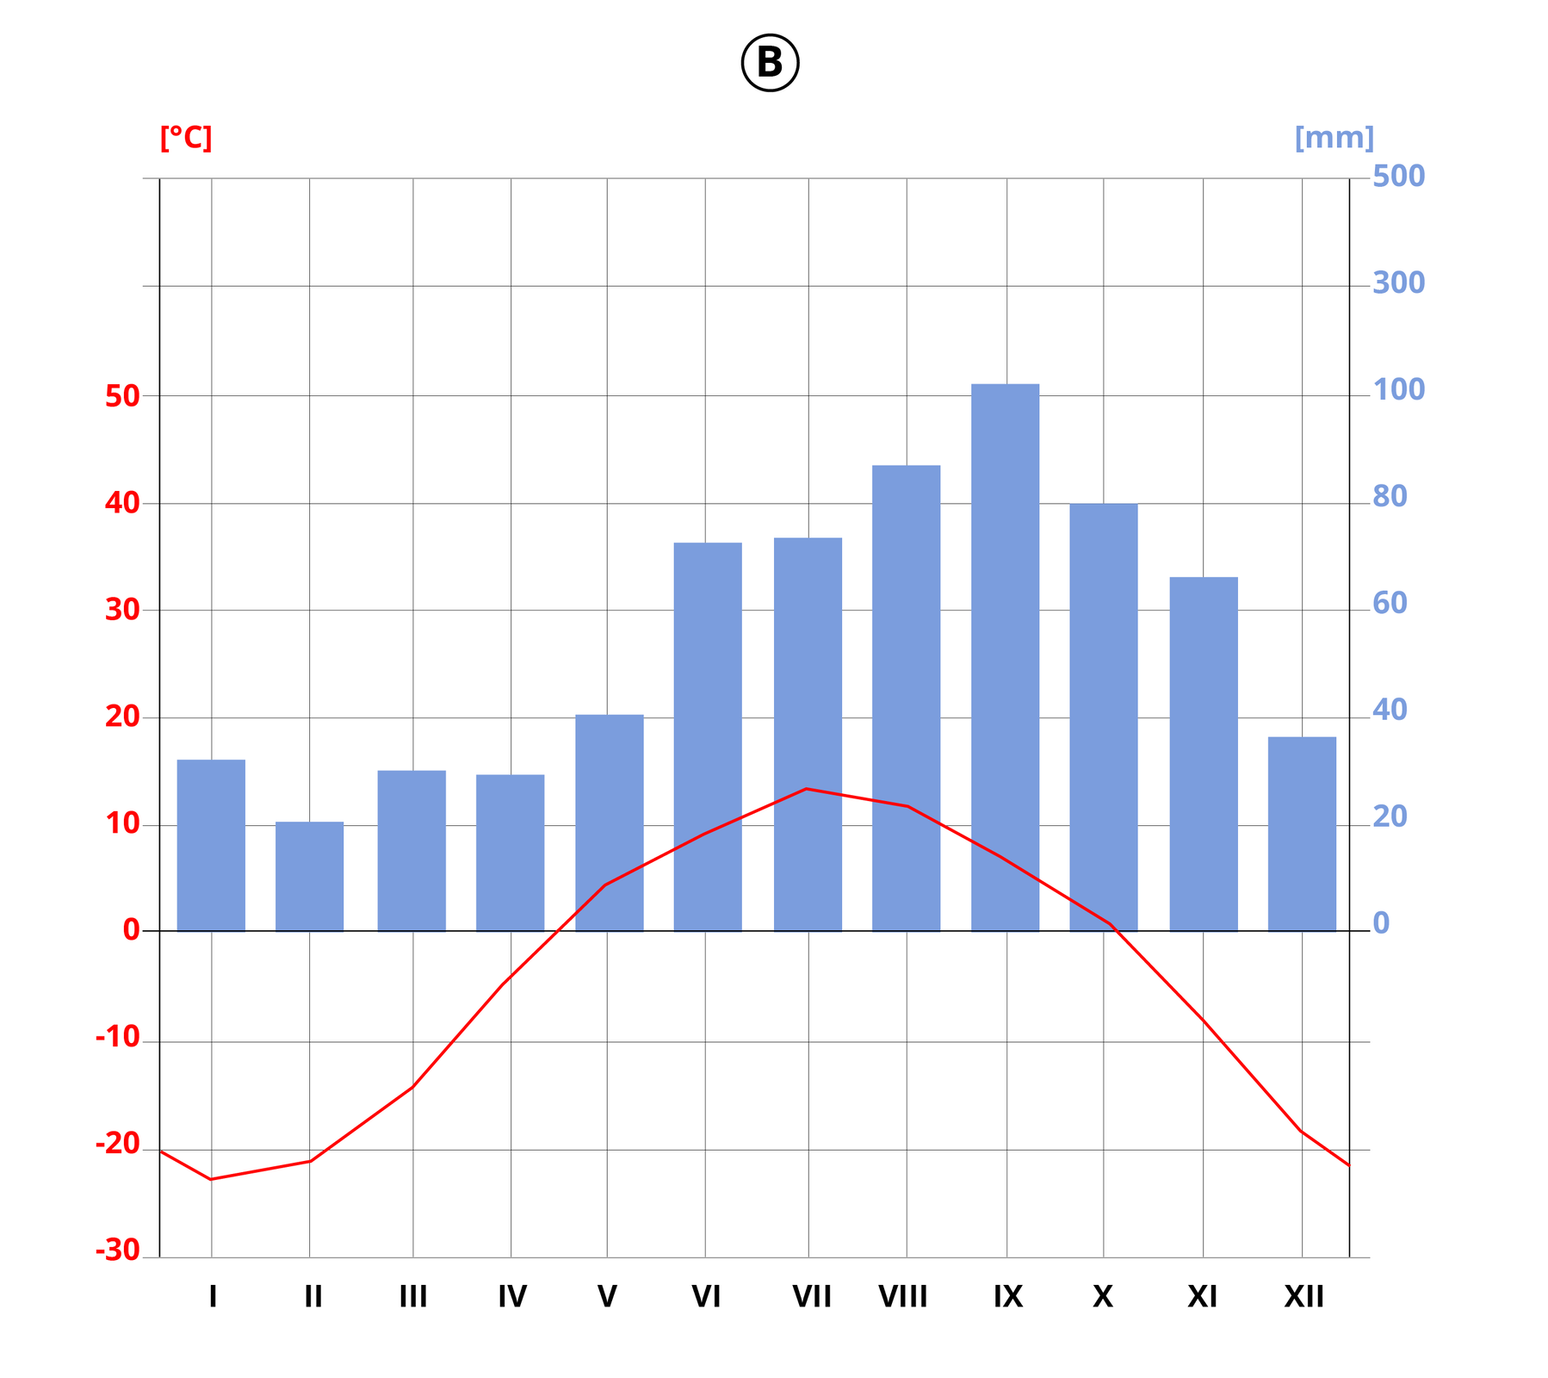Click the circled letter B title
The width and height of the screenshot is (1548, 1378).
point(770,63)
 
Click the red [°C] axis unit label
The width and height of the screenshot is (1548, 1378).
point(186,138)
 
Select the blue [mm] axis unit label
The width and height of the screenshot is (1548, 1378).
point(1334,138)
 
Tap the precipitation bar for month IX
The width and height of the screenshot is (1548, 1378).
point(1005,657)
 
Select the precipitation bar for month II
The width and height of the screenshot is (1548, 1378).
point(309,876)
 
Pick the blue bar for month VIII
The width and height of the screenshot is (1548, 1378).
point(906,698)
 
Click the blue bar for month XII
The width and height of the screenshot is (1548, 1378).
point(1302,834)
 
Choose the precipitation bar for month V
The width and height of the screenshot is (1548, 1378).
point(609,822)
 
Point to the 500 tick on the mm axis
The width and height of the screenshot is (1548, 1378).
point(1398,177)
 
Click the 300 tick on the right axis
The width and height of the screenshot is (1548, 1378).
point(1398,283)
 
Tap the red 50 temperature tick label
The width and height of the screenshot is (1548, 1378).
point(122,397)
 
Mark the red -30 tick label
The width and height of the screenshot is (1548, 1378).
point(118,1251)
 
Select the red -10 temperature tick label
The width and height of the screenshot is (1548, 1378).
point(118,1038)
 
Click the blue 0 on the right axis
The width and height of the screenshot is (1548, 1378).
point(1381,923)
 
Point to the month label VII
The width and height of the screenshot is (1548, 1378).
point(811,1296)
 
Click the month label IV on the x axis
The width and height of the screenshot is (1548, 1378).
point(511,1296)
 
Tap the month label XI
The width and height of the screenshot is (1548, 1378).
point(1202,1296)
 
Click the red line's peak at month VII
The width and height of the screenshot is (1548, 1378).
point(807,788)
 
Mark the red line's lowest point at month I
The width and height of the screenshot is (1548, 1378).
point(211,1179)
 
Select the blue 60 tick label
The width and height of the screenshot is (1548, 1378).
point(1390,604)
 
